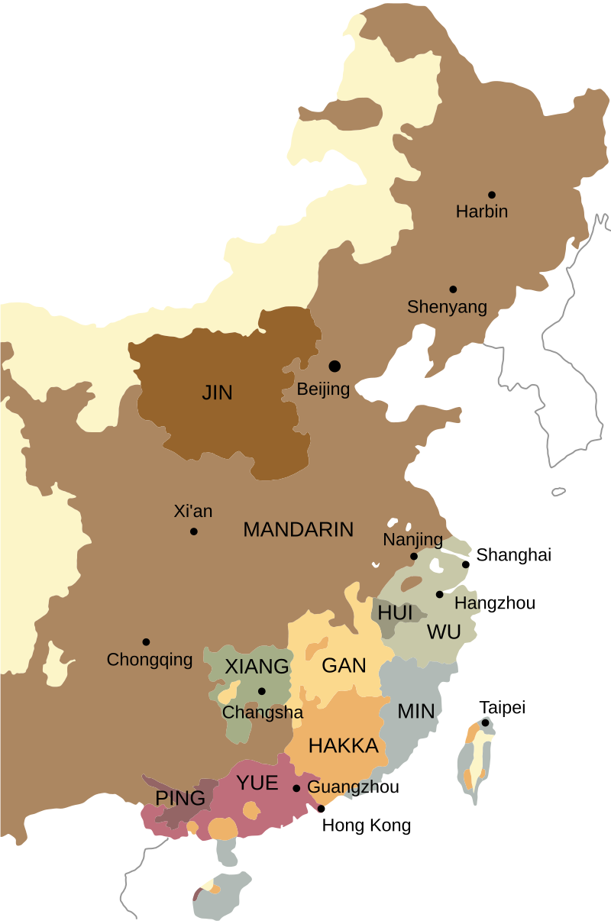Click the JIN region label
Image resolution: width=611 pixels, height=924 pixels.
(x=217, y=393)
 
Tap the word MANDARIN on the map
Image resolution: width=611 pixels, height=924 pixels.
(x=298, y=529)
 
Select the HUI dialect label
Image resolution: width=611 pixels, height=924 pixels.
(x=395, y=613)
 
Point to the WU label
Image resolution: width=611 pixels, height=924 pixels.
(x=444, y=632)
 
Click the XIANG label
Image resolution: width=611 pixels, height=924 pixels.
(x=257, y=667)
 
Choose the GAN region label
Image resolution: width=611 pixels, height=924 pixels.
(x=344, y=665)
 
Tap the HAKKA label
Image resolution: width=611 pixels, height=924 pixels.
(x=344, y=746)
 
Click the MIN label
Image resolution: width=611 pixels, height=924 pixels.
(x=416, y=712)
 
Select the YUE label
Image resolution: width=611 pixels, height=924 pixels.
(x=257, y=782)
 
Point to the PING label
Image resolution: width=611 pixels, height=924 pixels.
(x=180, y=799)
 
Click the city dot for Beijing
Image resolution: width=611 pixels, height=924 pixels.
(x=335, y=367)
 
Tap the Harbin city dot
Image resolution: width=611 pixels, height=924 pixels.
(x=492, y=195)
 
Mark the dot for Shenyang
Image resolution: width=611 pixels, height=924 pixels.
(x=453, y=289)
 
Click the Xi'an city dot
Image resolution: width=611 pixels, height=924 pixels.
(x=194, y=531)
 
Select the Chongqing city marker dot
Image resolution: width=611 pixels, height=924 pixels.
(x=146, y=641)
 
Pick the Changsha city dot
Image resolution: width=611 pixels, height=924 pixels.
(x=261, y=691)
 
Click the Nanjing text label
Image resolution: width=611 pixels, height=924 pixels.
(x=412, y=540)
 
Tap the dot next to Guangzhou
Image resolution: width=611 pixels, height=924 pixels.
(x=296, y=788)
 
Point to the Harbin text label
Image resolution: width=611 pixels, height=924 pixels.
(x=481, y=212)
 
